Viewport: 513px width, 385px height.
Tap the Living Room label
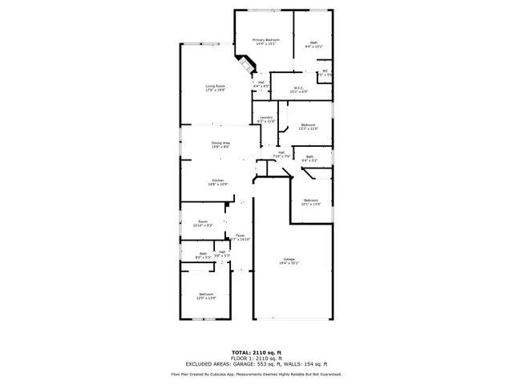215,87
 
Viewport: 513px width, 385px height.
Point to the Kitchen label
218,182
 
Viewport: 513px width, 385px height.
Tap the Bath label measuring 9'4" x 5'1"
309,158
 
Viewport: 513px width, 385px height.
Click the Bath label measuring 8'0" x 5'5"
204,256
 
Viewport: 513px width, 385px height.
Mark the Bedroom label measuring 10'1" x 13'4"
310,201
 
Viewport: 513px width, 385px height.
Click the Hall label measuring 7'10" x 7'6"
281,154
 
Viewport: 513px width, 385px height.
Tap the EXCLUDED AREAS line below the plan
256,363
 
